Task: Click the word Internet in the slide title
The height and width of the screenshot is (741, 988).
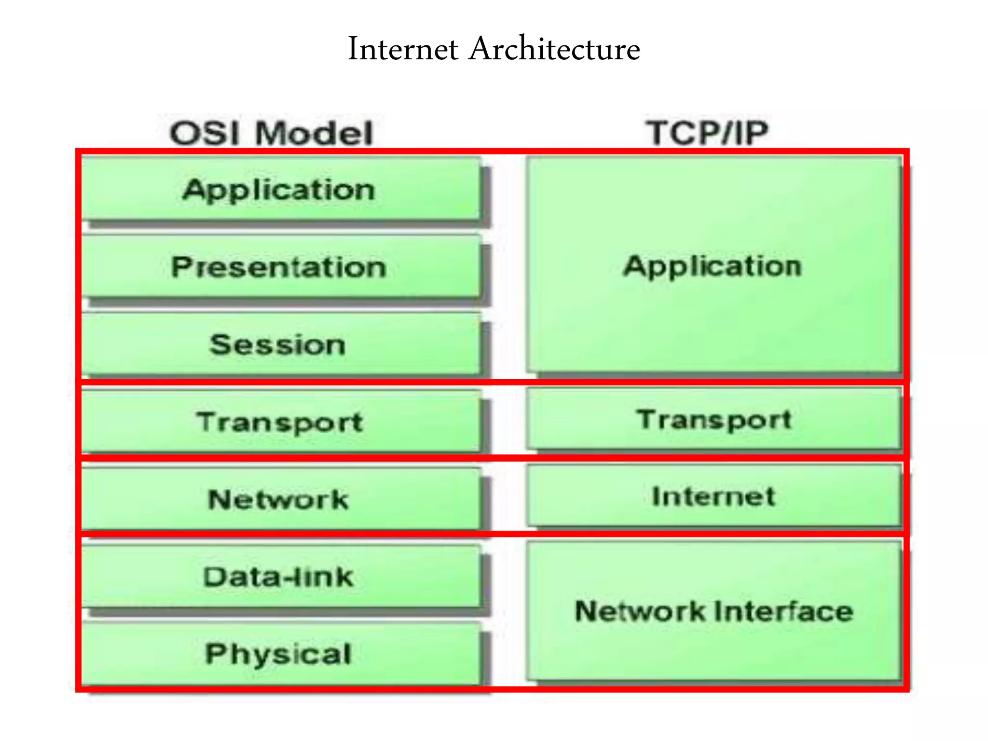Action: [403, 49]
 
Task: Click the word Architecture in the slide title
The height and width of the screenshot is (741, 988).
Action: [554, 49]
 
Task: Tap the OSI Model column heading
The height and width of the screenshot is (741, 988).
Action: [272, 133]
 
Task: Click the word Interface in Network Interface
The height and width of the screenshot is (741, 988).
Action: [783, 611]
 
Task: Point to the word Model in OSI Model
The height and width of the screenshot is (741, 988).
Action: [315, 133]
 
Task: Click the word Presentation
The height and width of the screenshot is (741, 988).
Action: [279, 267]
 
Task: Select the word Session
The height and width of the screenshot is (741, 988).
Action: [278, 344]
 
